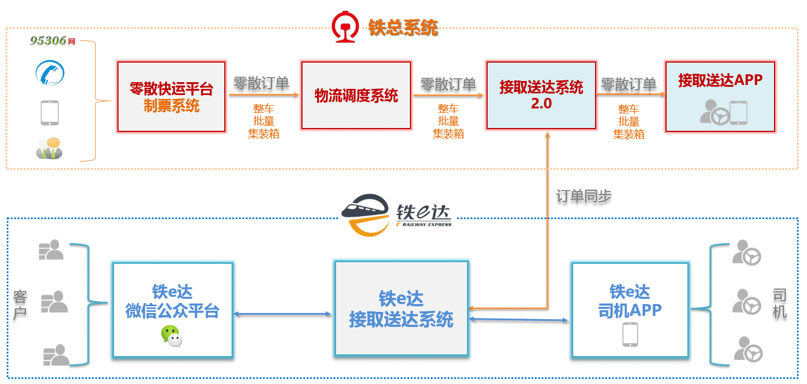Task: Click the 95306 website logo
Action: pos(52,41)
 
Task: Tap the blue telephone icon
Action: pos(50,73)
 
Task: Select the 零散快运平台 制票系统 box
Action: pos(172,97)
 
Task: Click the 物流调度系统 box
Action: pos(356,96)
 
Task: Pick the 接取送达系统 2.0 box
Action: pos(541,96)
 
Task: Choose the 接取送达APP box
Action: pos(720,97)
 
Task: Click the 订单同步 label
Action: pos(583,196)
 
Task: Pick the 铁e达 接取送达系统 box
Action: pos(401,309)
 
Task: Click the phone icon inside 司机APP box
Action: pos(630,334)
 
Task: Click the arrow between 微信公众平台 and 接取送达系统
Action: pos(282,314)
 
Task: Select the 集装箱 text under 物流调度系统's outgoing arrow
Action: pos(448,134)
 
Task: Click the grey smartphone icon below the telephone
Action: pos(50,112)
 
